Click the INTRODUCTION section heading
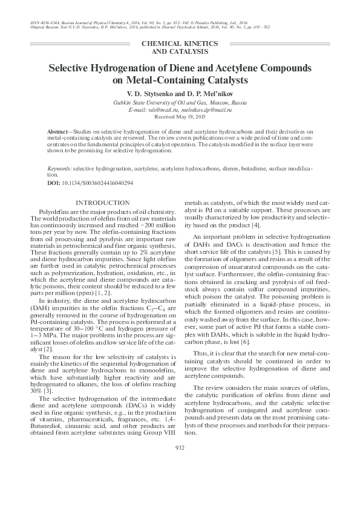pos(101,203)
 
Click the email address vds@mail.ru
pos(159,111)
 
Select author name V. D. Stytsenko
pos(151,95)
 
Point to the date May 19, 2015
pos(191,118)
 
